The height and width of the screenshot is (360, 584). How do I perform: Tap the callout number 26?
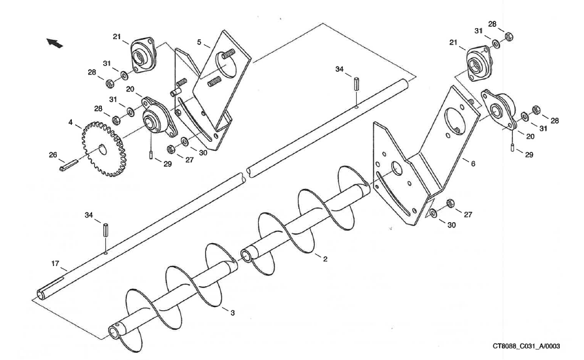coord(53,155)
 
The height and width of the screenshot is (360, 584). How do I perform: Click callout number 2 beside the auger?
coord(325,259)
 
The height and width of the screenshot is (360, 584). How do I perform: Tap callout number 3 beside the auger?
coord(232,313)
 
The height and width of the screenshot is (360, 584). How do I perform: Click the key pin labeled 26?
coord(68,167)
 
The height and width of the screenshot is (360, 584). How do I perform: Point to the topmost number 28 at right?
coord(492,24)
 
